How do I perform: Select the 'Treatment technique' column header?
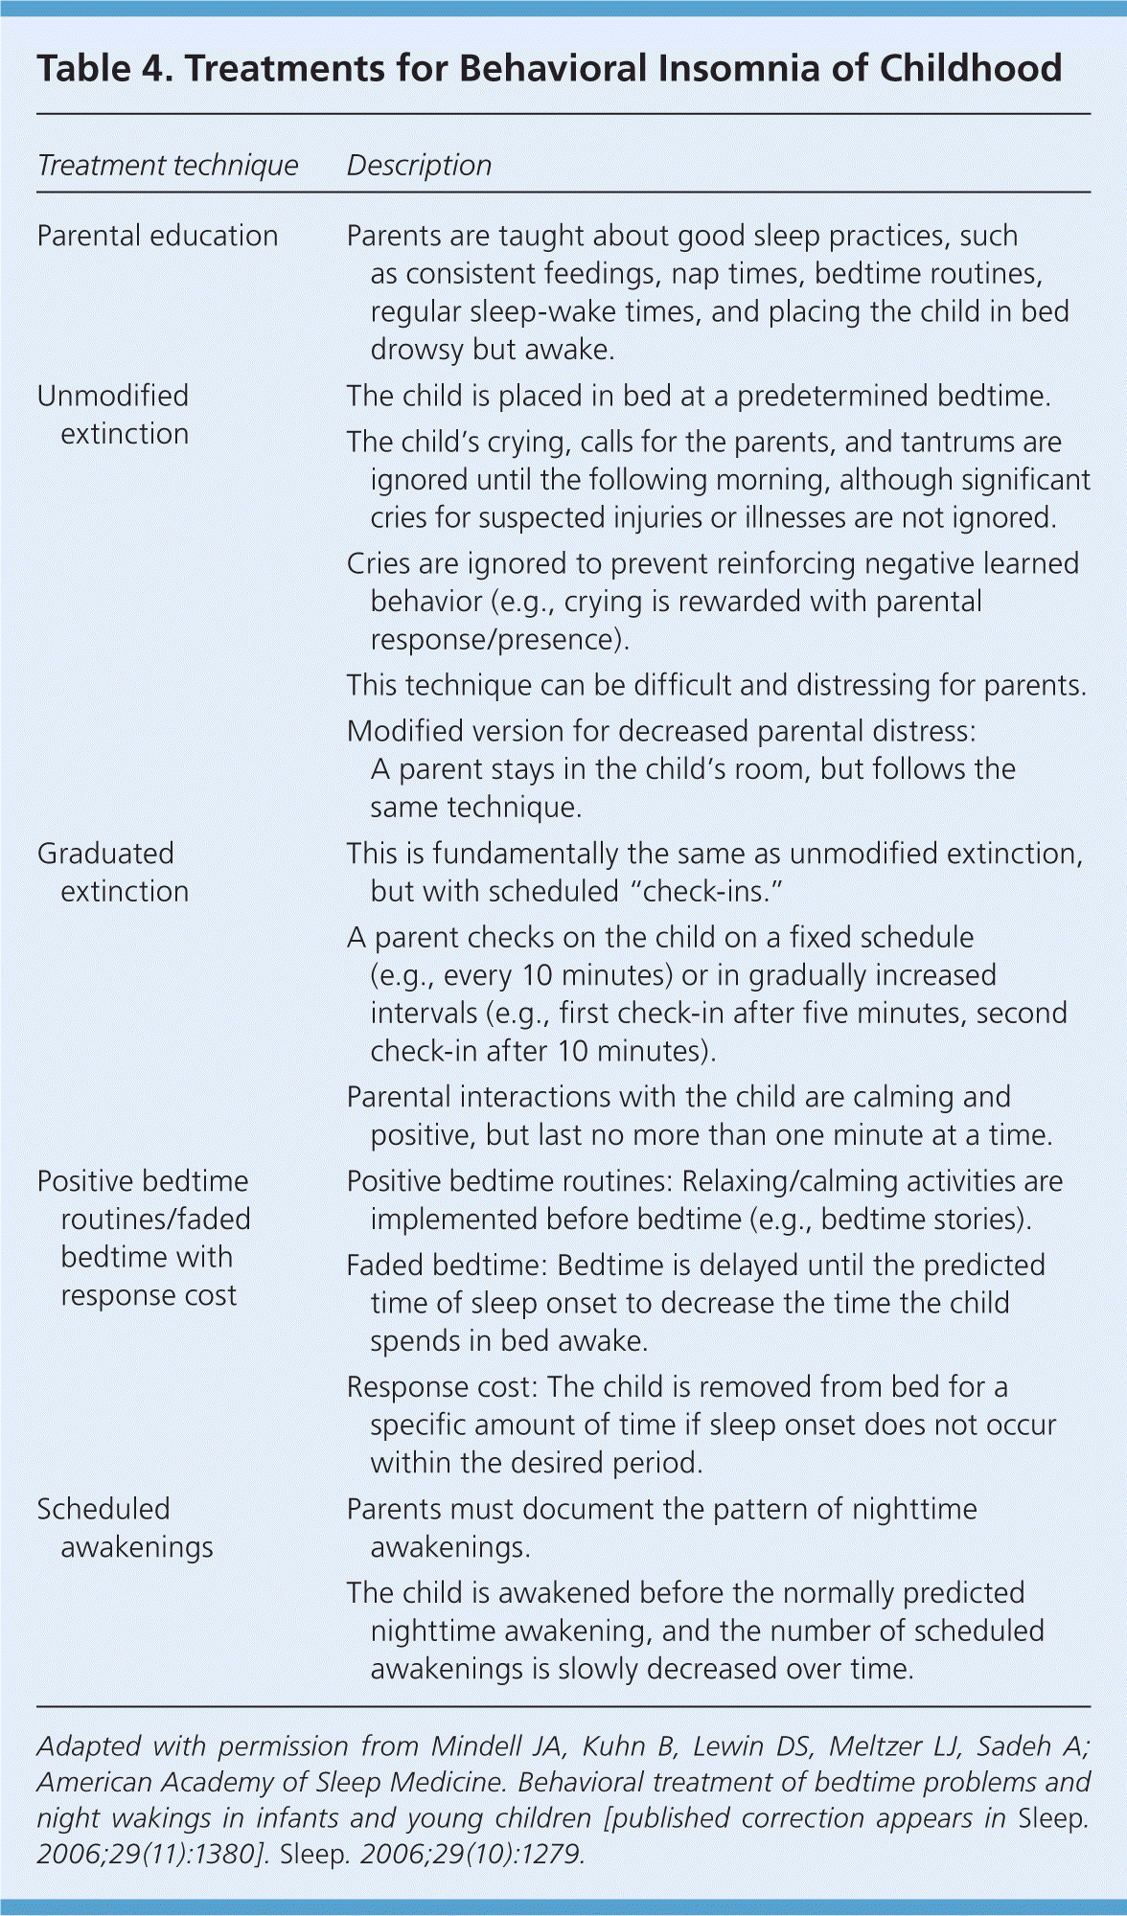coord(168,166)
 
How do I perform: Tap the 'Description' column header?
coord(419,166)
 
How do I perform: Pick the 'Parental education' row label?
coord(157,236)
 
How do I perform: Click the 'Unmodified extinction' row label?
coord(113,415)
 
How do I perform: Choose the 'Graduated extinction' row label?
coord(113,873)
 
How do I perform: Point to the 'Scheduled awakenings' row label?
coord(125,1528)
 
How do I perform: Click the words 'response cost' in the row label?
coord(149,1295)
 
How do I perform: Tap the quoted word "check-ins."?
coord(706,892)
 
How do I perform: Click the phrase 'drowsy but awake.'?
coord(493,350)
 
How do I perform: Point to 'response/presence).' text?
coord(499,640)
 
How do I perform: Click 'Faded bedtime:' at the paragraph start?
coord(447,1266)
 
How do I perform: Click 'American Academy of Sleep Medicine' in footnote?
coord(269,1783)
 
